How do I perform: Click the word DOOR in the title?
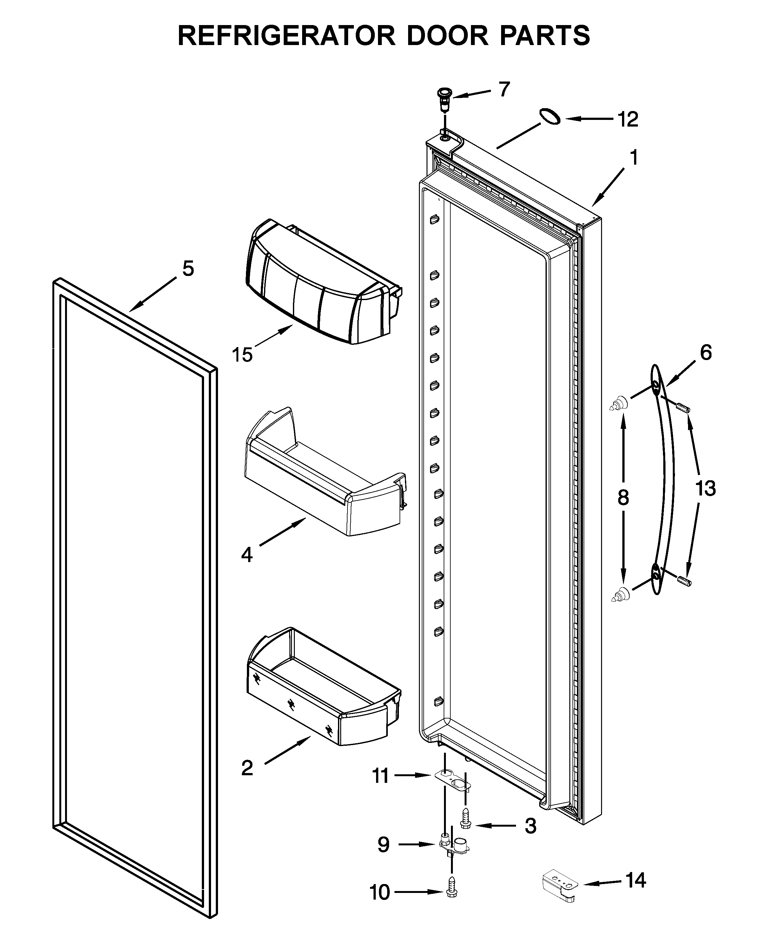click(x=447, y=36)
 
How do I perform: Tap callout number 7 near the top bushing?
click(x=504, y=90)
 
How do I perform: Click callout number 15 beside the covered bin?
click(x=242, y=355)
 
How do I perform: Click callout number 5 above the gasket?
click(x=188, y=269)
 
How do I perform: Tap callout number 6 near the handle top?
click(x=705, y=353)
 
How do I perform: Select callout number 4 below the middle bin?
click(x=247, y=554)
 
